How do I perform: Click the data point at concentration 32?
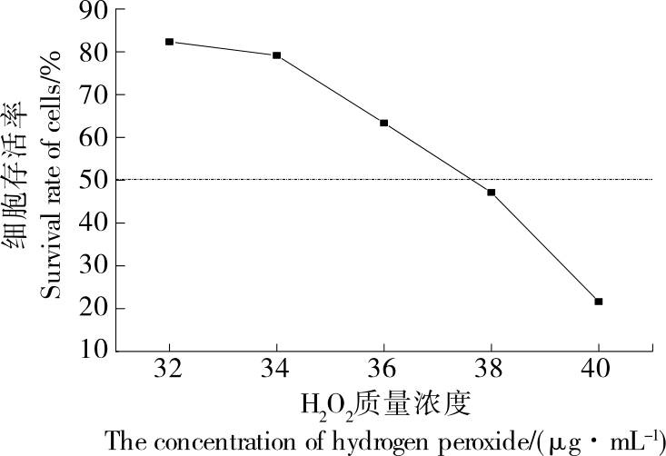click(x=169, y=42)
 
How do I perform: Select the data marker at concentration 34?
click(x=276, y=55)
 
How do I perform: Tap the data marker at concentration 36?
click(x=383, y=123)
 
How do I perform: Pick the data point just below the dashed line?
click(x=492, y=193)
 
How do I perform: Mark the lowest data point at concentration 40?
click(x=599, y=301)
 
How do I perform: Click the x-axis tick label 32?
click(x=169, y=372)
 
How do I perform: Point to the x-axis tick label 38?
click(x=492, y=372)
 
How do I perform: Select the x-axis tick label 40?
click(x=599, y=372)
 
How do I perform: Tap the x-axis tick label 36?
click(x=383, y=372)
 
